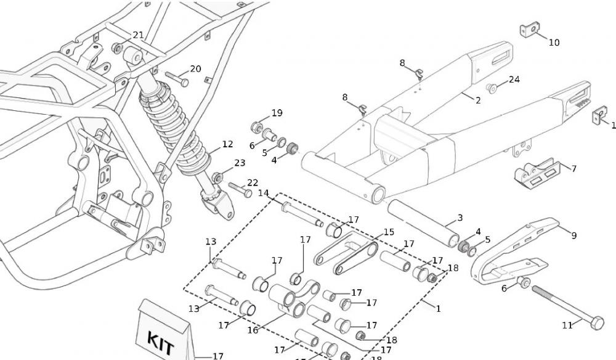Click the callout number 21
coord(138,35)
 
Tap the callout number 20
coord(195,68)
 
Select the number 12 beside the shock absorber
coord(227,144)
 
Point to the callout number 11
coord(567,325)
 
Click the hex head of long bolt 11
coord(596,322)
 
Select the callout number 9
coord(573,235)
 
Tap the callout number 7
coord(573,168)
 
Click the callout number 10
coord(554,43)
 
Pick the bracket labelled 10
coord(529,30)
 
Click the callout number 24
coord(514,80)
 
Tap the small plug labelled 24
coord(492,88)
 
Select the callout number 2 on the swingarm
coord(477,100)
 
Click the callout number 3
coord(459,218)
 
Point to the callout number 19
coord(277,113)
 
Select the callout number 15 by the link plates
coord(388,232)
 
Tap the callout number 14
coord(264,193)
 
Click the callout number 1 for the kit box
coord(438,308)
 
